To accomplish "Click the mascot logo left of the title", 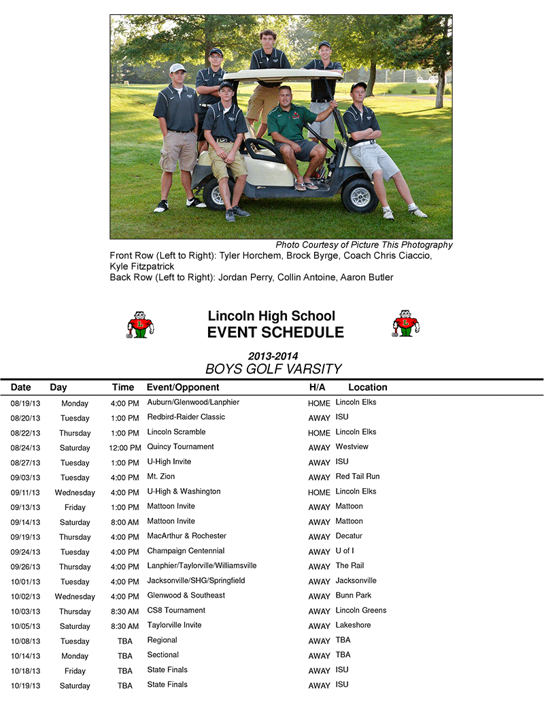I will (140, 325).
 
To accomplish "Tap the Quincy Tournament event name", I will (180, 447).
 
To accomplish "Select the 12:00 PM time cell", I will (125, 448).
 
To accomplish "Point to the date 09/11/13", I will (25, 492).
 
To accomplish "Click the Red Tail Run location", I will (358, 476).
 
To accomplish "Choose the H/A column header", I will (317, 387).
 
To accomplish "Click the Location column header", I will (367, 387).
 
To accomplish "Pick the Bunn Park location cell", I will (354, 595).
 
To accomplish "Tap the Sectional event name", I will (162, 655).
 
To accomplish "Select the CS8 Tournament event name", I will (176, 610).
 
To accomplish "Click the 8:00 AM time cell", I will (125, 522).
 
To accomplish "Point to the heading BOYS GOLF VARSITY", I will (273, 369).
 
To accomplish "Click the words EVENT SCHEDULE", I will (275, 333).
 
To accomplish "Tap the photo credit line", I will (364, 245).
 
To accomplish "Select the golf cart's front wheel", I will (359, 196).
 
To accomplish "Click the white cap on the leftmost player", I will (177, 68).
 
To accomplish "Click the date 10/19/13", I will (25, 685).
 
